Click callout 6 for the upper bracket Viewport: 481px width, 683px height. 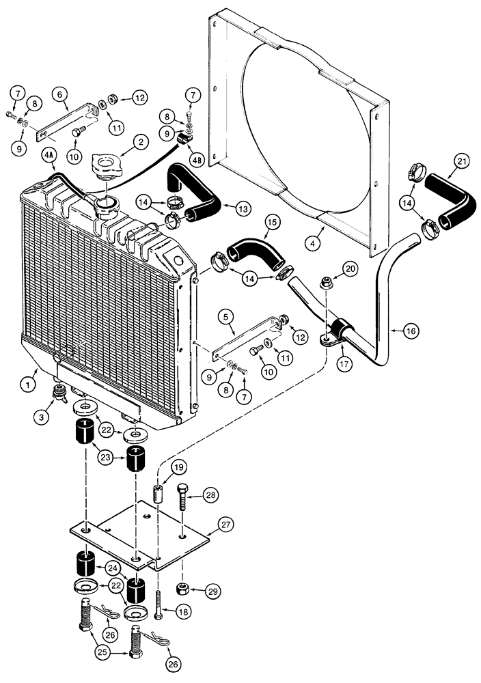click(59, 96)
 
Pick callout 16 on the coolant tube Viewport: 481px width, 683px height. click(410, 331)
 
